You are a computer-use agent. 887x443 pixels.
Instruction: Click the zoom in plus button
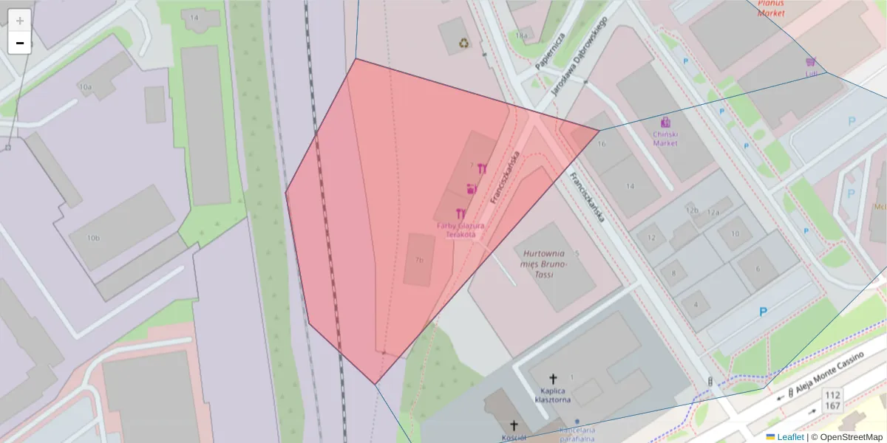tap(19, 21)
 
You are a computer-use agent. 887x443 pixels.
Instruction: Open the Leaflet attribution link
tap(789, 437)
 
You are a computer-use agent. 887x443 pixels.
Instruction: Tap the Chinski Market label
tap(665, 138)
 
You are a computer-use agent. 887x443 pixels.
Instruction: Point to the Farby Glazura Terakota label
tap(461, 230)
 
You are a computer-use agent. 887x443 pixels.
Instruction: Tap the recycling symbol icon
tap(463, 42)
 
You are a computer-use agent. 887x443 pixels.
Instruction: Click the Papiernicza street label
tap(551, 51)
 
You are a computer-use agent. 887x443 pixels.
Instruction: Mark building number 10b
tap(93, 238)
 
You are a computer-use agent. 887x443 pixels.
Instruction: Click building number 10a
tap(86, 87)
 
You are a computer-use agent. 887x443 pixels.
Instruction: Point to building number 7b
tap(419, 260)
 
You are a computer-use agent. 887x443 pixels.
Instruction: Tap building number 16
tap(601, 142)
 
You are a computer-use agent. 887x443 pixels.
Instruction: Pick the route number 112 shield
tap(833, 395)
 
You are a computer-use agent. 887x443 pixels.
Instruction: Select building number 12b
tap(692, 210)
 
